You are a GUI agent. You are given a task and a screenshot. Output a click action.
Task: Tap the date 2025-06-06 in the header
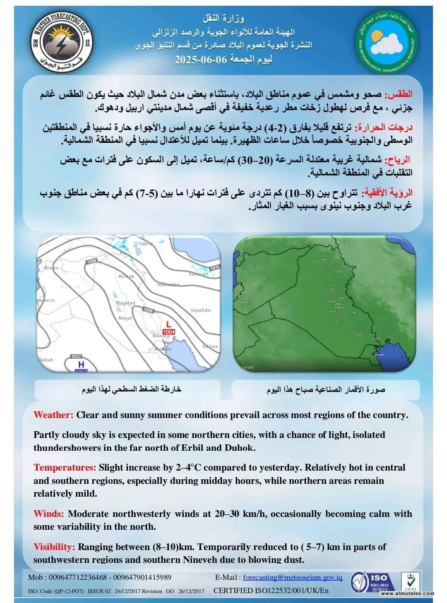201,59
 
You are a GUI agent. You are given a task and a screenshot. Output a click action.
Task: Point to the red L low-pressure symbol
168,324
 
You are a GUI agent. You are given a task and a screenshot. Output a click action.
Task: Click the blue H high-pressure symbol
82,364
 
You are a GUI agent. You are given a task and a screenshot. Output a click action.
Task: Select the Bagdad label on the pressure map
126,303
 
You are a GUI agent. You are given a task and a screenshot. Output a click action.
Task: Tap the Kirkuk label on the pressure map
126,276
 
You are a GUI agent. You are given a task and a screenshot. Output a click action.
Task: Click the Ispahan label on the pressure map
201,310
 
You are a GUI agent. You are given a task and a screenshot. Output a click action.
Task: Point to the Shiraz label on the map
210,346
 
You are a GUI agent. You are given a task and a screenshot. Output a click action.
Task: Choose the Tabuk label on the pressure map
46,360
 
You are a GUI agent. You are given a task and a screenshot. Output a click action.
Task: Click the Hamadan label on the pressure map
168,285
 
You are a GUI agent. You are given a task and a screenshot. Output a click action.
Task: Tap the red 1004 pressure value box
169,332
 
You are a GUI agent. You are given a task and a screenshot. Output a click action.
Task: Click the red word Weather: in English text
53,415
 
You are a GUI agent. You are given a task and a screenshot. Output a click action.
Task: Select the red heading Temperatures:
65,468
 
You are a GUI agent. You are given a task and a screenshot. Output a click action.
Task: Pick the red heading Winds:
49,514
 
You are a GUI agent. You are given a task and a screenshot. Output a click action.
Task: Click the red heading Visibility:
54,547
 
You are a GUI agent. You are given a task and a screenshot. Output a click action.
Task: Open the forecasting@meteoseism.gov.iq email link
292,577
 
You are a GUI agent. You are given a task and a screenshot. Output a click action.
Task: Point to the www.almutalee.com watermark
408,593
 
